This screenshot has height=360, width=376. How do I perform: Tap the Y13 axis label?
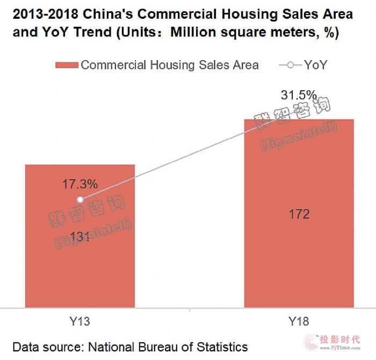pyautogui.click(x=80, y=322)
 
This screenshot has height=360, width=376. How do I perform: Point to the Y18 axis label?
pyautogui.click(x=299, y=322)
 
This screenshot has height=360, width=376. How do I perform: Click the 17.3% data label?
pyautogui.click(x=80, y=184)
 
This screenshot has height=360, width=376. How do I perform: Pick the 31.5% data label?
pyautogui.click(x=299, y=95)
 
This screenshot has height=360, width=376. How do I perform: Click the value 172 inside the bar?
pyautogui.click(x=299, y=215)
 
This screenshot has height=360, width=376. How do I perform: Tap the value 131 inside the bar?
pyautogui.click(x=80, y=237)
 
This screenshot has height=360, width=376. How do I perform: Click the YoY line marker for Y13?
pyautogui.click(x=80, y=199)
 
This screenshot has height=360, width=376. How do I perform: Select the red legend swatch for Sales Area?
pyautogui.click(x=67, y=65)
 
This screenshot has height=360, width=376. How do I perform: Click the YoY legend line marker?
pyautogui.click(x=291, y=65)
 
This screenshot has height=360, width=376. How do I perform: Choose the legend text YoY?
pyautogui.click(x=316, y=65)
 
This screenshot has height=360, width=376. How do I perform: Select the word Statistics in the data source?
pyautogui.click(x=221, y=347)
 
